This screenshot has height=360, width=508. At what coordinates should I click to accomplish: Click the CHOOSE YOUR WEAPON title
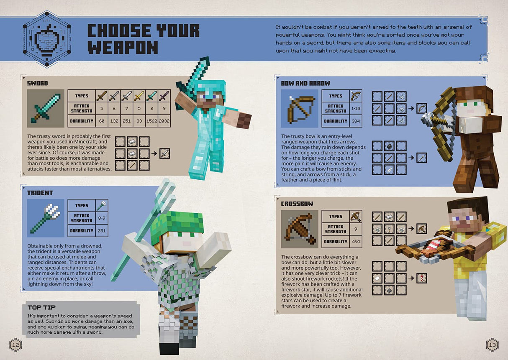[143, 38]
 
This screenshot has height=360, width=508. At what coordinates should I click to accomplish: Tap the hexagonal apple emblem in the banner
[46, 39]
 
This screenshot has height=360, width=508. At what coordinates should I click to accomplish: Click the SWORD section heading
[37, 83]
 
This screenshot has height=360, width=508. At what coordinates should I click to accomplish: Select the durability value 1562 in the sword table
[151, 121]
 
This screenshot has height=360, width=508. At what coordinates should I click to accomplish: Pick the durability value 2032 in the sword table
[164, 121]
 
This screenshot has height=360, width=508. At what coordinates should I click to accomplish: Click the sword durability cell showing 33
[139, 121]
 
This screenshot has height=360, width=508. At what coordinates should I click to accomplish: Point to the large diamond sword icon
[46, 108]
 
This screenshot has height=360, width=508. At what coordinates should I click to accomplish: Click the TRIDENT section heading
[40, 193]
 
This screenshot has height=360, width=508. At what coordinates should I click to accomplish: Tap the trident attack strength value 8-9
[101, 218]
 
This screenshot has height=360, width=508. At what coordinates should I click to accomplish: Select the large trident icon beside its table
[46, 218]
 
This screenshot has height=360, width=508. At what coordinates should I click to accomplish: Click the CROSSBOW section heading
[297, 204]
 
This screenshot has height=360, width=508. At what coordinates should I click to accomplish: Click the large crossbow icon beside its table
[300, 229]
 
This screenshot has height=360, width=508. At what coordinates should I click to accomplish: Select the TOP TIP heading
[41, 307]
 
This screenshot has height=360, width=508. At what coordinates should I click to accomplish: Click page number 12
[15, 345]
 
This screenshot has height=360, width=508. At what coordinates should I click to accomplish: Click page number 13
[492, 345]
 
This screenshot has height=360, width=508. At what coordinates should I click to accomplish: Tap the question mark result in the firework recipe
[421, 278]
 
